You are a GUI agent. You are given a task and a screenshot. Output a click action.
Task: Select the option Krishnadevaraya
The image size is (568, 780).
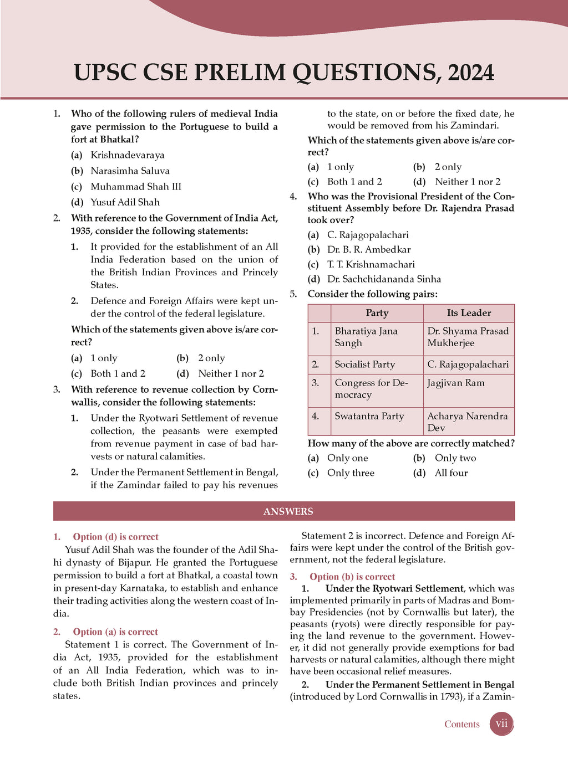click(128, 155)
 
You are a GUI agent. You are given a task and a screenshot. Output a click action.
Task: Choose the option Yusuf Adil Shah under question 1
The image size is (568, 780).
click(125, 202)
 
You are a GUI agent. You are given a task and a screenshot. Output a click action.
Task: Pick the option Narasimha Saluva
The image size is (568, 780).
click(130, 171)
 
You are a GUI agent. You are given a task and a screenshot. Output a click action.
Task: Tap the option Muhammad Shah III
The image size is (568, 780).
click(136, 187)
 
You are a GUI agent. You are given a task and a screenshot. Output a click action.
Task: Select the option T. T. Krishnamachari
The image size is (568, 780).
click(371, 264)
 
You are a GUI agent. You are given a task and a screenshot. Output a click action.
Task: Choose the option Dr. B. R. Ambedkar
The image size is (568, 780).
click(369, 249)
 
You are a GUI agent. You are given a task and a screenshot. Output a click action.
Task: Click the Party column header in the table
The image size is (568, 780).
click(377, 313)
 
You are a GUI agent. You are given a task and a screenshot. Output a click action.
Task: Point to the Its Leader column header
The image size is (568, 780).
click(469, 313)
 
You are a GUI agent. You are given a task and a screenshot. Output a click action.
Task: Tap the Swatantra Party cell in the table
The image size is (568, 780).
click(369, 416)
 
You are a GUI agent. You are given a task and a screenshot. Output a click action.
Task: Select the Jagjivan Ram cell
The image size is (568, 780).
click(456, 383)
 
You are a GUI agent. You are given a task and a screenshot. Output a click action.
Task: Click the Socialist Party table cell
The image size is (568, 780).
click(365, 365)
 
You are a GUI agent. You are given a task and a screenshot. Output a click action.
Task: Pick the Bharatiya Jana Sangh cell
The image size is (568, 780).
click(366, 337)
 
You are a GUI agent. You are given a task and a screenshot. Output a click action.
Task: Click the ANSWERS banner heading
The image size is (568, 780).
click(288, 511)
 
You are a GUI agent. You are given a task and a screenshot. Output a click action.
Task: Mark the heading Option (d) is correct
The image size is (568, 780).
click(115, 537)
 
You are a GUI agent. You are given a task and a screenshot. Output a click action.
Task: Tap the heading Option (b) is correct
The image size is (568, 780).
click(352, 577)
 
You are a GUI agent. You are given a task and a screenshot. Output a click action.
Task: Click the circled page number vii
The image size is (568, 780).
click(501, 724)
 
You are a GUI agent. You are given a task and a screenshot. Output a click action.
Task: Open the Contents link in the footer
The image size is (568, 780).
click(461, 724)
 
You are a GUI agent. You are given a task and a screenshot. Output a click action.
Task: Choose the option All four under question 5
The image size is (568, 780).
click(451, 473)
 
